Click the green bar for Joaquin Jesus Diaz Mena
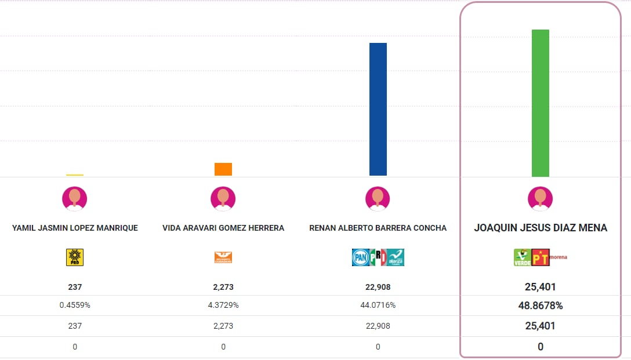coord(540,103)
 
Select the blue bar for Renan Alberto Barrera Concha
coord(378,109)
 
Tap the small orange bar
coord(223,169)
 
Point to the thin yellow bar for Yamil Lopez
coord(75,174)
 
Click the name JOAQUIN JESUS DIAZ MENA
coord(541,228)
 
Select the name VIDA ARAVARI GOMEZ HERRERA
coord(223,228)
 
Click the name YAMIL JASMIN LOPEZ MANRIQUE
coord(75,228)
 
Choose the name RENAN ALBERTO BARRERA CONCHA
coord(378,228)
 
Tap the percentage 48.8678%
coord(540,306)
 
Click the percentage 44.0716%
coord(378,306)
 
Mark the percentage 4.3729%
coord(223,306)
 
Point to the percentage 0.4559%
coord(75,306)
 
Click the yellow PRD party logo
coord(75,257)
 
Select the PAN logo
coord(360,257)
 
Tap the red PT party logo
coord(541,257)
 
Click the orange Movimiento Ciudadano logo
coord(223,257)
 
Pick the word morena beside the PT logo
coord(559,256)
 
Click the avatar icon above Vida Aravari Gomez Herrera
coord(223,198)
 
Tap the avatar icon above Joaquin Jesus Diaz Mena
coord(540,198)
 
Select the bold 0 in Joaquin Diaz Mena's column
coord(540,347)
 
